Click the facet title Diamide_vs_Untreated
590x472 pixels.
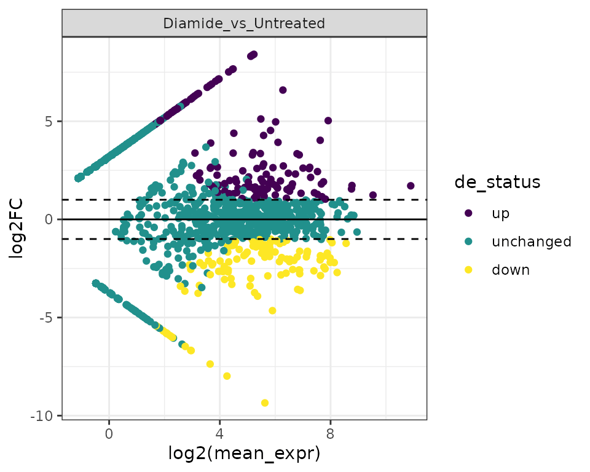244,23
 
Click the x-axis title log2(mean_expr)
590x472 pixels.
244,454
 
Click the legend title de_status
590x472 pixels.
497,182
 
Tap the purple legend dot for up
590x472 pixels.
469,213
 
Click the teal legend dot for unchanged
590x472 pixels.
469,242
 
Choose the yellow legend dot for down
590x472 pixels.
469,270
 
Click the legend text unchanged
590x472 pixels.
531,242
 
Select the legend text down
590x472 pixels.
510,270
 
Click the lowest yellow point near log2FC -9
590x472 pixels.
265,403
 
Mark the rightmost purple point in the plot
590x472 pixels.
411,186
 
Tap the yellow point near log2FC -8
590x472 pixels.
227,376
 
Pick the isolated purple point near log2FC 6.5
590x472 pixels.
283,90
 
